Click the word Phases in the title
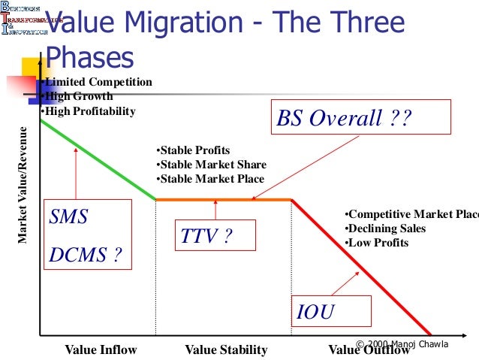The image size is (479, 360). point(89,57)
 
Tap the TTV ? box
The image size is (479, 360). point(215,236)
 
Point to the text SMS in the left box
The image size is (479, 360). point(69,218)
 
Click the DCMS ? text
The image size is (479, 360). point(85,254)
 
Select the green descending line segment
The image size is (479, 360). point(98,159)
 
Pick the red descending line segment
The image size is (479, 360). point(360,267)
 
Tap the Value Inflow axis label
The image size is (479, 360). point(101,349)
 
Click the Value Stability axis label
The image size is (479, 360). point(226,349)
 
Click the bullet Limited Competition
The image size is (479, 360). point(98,82)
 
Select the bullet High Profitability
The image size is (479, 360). point(89,112)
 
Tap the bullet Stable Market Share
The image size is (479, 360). point(212,165)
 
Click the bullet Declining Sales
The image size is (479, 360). point(385,228)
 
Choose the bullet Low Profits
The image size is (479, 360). point(377,243)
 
